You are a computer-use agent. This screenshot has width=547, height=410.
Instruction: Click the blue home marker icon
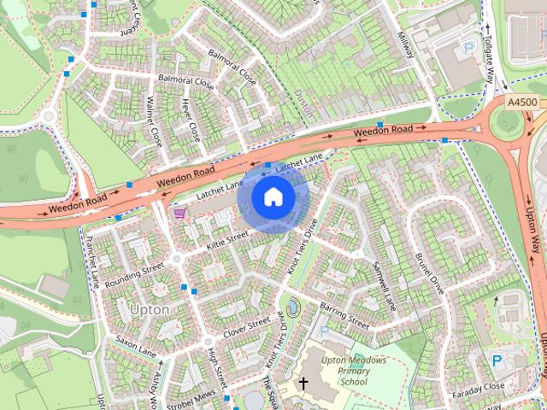(273, 197)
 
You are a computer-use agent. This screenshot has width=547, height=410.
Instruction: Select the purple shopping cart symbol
(179, 213)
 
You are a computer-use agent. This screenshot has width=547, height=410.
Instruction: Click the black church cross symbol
(303, 384)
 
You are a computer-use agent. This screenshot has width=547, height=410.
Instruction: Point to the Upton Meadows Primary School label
(353, 372)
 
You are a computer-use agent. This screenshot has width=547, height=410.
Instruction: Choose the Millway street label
(405, 45)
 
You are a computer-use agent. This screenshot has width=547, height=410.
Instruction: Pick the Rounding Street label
(134, 272)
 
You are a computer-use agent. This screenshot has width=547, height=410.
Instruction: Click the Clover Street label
(246, 326)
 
